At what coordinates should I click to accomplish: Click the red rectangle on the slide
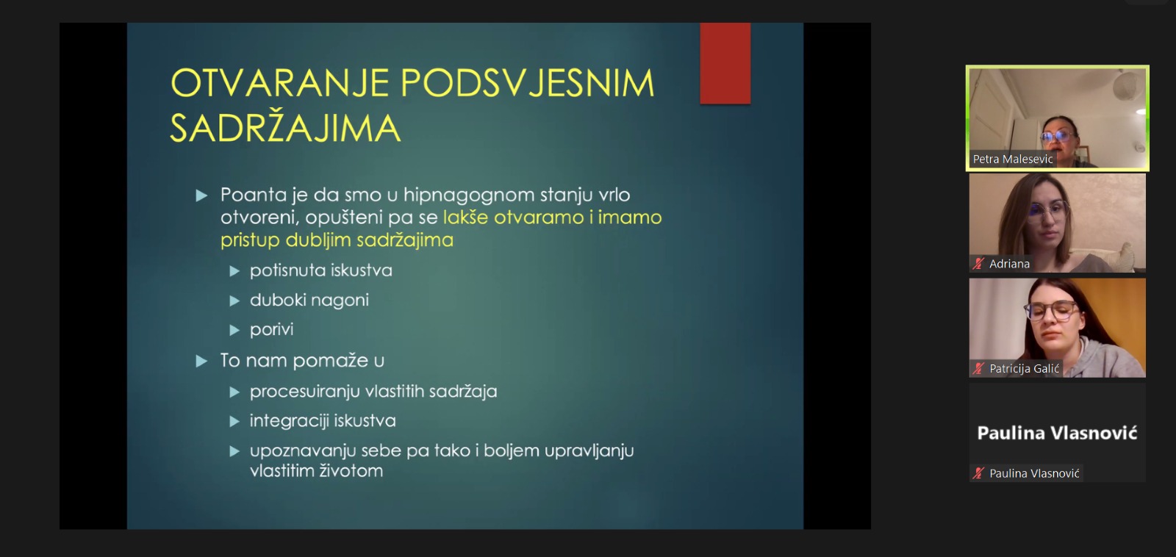point(725,63)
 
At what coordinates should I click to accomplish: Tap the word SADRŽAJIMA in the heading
point(286,128)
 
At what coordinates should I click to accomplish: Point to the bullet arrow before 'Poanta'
point(201,195)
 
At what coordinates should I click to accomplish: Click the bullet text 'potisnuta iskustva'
point(320,270)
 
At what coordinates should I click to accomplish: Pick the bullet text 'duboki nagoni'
point(309,301)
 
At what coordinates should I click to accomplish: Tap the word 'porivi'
point(271,330)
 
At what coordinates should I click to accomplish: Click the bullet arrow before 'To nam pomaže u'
point(201,362)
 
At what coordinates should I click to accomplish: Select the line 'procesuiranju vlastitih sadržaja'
point(373,392)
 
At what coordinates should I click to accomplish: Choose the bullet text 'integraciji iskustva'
point(323,421)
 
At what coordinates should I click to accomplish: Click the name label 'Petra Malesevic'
point(1013,159)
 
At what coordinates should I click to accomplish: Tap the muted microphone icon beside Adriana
point(978,264)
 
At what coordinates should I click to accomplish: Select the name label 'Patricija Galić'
point(1025,369)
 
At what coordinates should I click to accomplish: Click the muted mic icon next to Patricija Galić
point(978,369)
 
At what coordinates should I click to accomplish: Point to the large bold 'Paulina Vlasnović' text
point(1057,433)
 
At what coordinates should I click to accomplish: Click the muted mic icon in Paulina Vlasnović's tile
point(978,473)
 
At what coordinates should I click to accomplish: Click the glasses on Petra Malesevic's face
point(1058,137)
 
